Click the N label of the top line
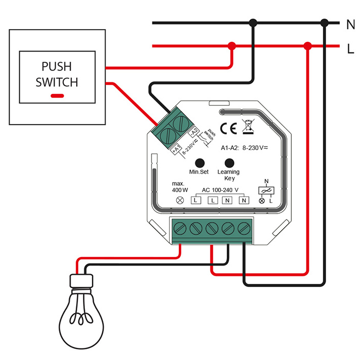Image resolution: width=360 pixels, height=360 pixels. pyautogui.click(x=351, y=23)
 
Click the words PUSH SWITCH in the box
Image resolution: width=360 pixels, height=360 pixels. pyautogui.click(x=57, y=74)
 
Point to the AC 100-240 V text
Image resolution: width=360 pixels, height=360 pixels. pyautogui.click(x=220, y=190)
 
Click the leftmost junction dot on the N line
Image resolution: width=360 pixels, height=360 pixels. pyautogui.click(x=253, y=23)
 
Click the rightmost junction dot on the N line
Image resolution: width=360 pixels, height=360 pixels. pyautogui.click(x=325, y=23)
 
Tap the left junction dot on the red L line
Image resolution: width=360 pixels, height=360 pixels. pyautogui.click(x=232, y=46)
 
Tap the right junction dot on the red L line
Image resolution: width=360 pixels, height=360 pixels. pyautogui.click(x=307, y=46)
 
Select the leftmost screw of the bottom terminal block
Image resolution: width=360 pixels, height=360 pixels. pyautogui.click(x=179, y=228)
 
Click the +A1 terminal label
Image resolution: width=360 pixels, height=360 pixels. pyautogui.click(x=176, y=149)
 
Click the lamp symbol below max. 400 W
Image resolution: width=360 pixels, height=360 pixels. pyautogui.click(x=179, y=200)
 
